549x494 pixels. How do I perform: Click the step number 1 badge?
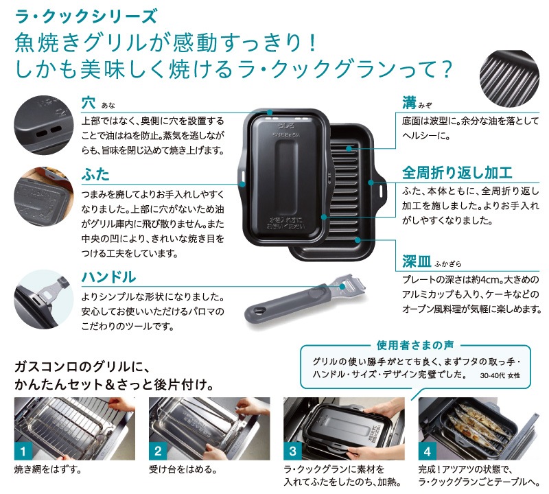coord(23,451)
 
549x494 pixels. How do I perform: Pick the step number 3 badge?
coord(292,451)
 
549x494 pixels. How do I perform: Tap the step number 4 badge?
coord(427,451)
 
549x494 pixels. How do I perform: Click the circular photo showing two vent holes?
coord(42,123)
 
